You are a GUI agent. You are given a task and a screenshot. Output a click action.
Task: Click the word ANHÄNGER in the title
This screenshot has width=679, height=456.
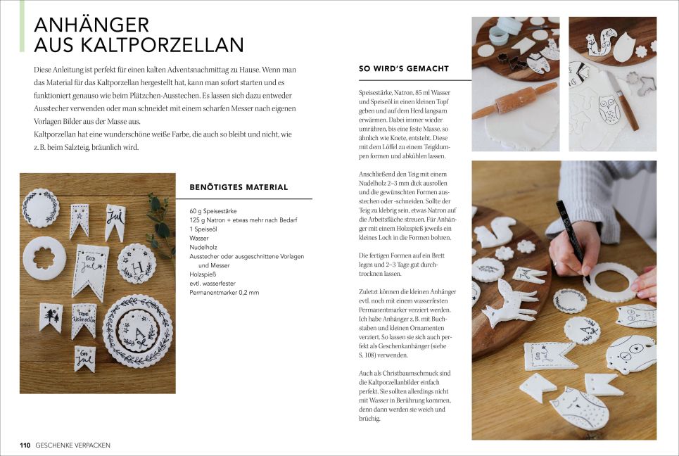coord(91,25)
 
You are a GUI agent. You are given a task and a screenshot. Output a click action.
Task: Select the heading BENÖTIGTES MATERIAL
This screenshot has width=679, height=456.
coord(239,187)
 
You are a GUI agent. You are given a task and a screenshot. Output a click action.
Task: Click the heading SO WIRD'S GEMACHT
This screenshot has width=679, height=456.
coord(404,68)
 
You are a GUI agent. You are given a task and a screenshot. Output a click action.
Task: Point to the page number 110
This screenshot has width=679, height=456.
coord(25,445)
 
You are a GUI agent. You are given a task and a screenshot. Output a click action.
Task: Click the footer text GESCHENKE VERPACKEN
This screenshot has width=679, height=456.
coord(72,445)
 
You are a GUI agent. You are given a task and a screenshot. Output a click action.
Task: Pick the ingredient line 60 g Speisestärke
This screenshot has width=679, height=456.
coord(213,211)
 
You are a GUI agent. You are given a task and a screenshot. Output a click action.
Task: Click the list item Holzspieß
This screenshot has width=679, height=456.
coord(203,274)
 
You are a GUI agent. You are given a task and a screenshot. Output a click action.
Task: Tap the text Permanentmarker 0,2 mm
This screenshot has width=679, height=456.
coord(224,292)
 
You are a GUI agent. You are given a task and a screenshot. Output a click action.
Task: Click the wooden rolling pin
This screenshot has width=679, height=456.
coord(514,101)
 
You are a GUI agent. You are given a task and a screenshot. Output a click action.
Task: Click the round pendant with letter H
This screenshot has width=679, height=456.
coord(137,264)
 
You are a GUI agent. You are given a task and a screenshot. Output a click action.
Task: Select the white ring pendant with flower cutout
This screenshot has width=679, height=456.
coord(44,258)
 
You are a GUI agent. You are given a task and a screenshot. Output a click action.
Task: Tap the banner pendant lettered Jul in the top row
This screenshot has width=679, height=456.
coord(115,221)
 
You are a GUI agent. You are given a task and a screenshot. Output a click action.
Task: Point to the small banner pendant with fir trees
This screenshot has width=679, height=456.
coord(51,317)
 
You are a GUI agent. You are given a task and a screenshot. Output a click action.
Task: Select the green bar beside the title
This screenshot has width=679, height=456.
coord(22,26)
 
